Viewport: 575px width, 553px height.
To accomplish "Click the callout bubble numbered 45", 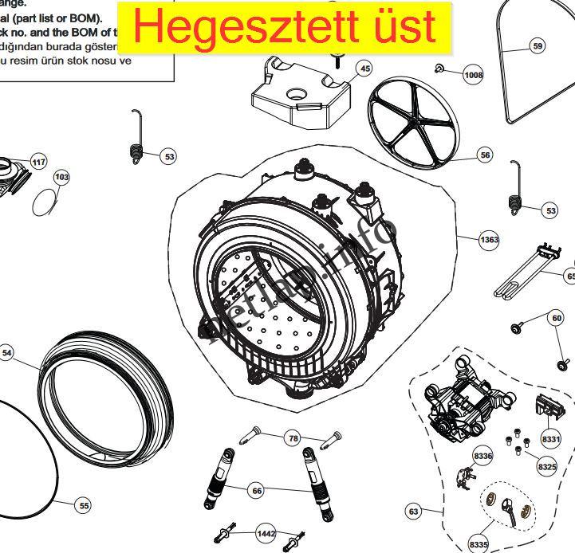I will point(364,69).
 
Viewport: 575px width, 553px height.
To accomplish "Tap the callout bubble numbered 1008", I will point(474,76).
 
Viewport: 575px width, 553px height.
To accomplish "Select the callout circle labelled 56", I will point(485,156).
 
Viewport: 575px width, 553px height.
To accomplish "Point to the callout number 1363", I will point(489,239).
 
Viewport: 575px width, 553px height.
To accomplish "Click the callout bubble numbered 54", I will point(8,352).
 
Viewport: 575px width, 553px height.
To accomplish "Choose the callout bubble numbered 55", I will point(82,504).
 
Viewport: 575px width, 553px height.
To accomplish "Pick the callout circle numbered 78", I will point(293,438).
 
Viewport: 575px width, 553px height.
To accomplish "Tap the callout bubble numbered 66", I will point(257,491).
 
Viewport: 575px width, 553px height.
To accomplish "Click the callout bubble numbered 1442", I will point(266,533).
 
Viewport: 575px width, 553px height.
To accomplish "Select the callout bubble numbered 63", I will point(413,510).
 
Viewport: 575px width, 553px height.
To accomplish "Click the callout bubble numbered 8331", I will point(551,439).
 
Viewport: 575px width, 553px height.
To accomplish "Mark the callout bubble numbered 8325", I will point(547,466).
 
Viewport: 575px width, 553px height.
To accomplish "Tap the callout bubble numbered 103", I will point(61,177).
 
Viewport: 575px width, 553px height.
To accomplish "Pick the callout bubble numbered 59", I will point(538,46).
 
